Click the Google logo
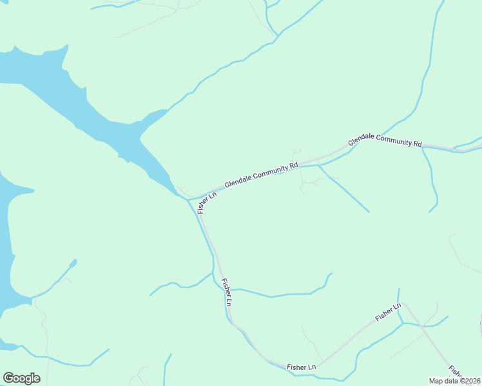[21, 378]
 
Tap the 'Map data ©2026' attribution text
[455, 381]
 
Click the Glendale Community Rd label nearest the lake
[262, 175]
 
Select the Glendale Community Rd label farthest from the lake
[385, 140]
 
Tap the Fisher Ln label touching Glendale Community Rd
[207, 201]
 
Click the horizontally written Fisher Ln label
[302, 367]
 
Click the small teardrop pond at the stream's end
[73, 262]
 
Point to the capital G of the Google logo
[8, 378]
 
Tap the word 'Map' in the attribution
[436, 381]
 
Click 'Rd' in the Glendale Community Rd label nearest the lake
[294, 166]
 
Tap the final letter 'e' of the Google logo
[36, 379]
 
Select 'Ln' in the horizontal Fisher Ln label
[311, 367]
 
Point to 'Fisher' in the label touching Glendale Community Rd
[204, 205]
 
